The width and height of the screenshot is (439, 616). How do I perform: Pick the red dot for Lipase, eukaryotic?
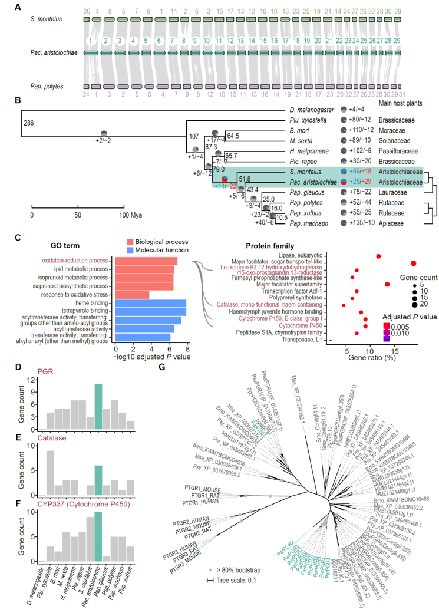coord(378,256)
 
